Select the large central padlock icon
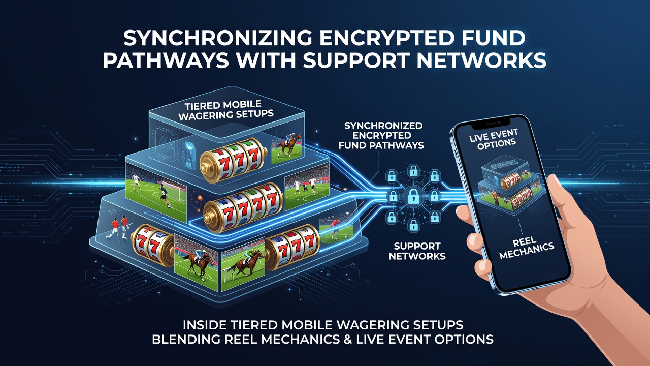click(x=413, y=196)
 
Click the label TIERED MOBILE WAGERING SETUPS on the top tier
click(x=225, y=110)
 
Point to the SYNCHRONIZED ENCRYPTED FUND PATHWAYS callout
click(x=381, y=135)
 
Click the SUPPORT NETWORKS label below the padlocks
click(x=417, y=251)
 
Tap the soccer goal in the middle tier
click(x=174, y=191)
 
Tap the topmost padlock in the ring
click(x=413, y=170)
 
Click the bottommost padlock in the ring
click(x=413, y=225)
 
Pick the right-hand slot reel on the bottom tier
click(x=292, y=247)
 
